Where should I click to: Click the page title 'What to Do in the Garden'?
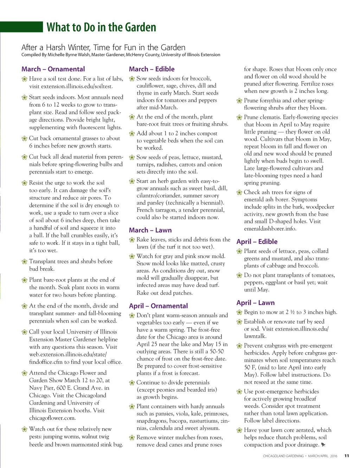click(101, 27)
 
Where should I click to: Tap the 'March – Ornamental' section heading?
click(53, 69)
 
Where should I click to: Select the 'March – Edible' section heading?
click(152, 69)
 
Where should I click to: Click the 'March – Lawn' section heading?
click(150, 230)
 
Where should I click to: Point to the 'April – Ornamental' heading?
click(158, 306)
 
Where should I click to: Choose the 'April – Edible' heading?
click(257, 241)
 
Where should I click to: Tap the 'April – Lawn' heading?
click(255, 303)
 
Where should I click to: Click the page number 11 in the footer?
click(347, 456)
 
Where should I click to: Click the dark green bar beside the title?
click(21, 27)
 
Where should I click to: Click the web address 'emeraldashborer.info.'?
click(270, 229)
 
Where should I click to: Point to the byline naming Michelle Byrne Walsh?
click(121, 55)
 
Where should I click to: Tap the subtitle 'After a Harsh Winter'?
click(103, 47)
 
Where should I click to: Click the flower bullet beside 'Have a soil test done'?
click(24, 79)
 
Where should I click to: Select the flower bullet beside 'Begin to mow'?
click(239, 312)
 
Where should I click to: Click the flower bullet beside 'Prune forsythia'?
click(239, 101)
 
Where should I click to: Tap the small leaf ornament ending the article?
click(323, 445)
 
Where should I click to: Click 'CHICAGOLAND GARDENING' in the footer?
click(283, 456)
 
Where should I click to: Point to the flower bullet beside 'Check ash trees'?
click(239, 192)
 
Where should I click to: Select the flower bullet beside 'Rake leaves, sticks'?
click(132, 240)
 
